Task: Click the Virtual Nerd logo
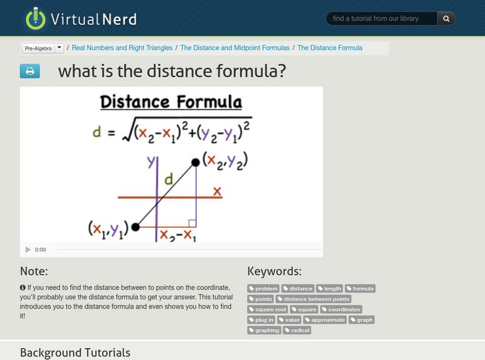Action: (x=81, y=19)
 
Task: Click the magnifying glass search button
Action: (x=446, y=19)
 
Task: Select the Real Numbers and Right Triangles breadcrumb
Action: (x=122, y=48)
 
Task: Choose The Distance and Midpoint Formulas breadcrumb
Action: (x=235, y=48)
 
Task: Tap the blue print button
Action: (x=30, y=72)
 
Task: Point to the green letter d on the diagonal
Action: (x=169, y=179)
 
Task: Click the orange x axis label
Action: (x=217, y=192)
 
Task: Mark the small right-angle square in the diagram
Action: (x=192, y=222)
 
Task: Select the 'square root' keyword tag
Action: (x=268, y=310)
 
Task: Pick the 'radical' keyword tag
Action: (x=297, y=330)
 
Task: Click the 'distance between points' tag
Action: (x=313, y=299)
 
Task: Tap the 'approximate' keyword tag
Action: (x=325, y=320)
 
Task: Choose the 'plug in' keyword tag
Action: (x=261, y=320)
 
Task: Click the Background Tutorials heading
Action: (x=75, y=352)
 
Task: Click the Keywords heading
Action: (x=275, y=271)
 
